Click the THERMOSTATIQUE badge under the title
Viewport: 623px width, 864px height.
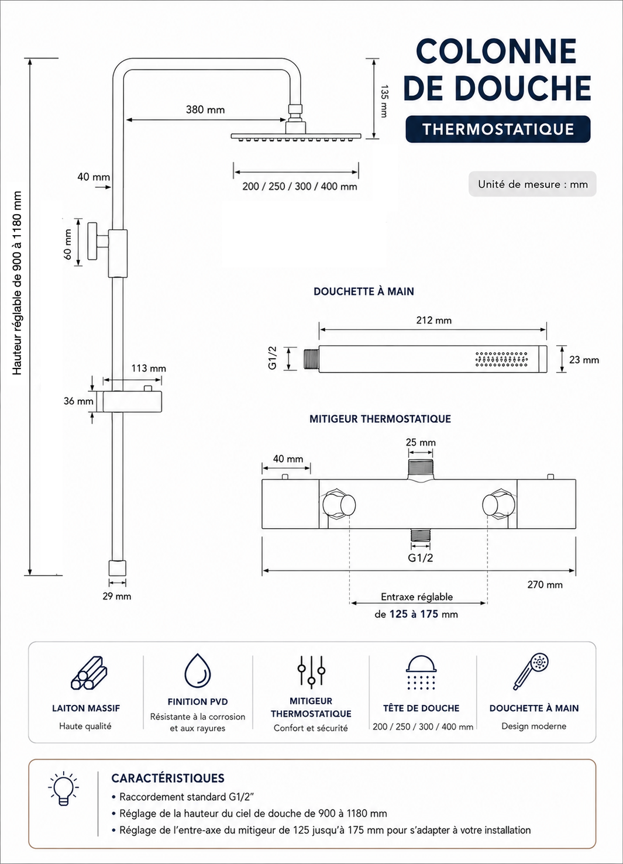coord(498,129)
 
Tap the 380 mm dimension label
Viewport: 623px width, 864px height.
coord(205,110)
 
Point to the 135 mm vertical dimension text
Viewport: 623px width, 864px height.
coord(384,101)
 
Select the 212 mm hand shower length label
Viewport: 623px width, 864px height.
coord(433,320)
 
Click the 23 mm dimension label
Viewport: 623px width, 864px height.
coord(584,360)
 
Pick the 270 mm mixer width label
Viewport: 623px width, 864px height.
coord(545,585)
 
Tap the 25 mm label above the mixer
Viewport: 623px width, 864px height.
coord(421,442)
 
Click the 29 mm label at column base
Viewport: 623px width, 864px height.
coord(116,596)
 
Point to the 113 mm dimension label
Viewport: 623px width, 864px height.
coord(149,369)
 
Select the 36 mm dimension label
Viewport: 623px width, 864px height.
coord(78,401)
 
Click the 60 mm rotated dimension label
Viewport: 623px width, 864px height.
coord(68,244)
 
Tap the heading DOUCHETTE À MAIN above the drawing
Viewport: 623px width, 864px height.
coord(363,291)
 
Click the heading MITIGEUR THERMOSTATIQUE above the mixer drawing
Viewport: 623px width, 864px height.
coord(380,419)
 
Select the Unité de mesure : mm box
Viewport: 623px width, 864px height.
coord(532,184)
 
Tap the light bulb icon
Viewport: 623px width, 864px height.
coord(64,789)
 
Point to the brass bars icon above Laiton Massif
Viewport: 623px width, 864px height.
coord(89,673)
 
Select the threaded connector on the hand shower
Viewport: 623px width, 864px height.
coord(311,360)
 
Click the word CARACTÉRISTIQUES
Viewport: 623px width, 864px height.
coord(168,779)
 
